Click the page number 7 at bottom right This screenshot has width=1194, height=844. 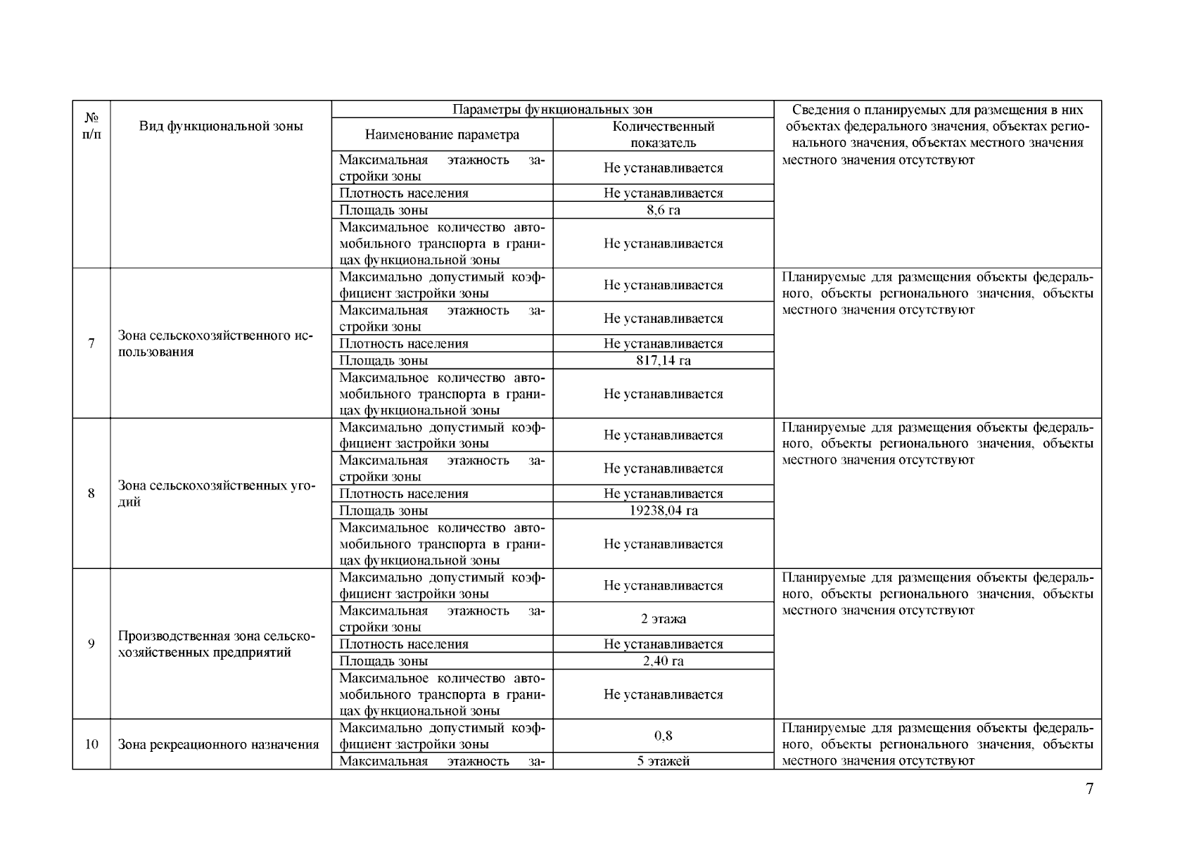click(x=1089, y=788)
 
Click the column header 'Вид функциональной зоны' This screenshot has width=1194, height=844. click(x=221, y=127)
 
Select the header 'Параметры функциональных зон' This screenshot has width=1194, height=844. click(x=552, y=109)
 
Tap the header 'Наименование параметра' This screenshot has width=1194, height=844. click(x=442, y=134)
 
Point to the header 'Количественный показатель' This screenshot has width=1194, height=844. click(x=663, y=134)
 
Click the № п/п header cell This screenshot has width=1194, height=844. click(x=91, y=127)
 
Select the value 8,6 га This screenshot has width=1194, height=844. click(x=663, y=210)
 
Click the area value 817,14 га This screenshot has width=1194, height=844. click(x=663, y=360)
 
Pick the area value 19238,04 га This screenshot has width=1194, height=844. click(x=663, y=511)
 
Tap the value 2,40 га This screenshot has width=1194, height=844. click(x=663, y=660)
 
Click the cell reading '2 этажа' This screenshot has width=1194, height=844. click(x=663, y=619)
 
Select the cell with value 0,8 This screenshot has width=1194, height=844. click(x=663, y=736)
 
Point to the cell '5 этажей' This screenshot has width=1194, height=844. click(x=663, y=761)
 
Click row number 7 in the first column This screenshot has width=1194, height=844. click(x=91, y=344)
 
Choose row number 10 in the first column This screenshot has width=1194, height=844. click(x=91, y=744)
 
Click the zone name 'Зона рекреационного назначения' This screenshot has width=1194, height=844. click(x=218, y=744)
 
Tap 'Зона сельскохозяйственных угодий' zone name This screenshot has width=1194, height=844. click(x=215, y=494)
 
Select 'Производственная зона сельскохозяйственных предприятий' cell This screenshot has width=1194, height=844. click(x=215, y=644)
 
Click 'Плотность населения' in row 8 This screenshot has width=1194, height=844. click(x=404, y=494)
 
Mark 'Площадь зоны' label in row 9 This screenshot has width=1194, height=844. click(x=383, y=660)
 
